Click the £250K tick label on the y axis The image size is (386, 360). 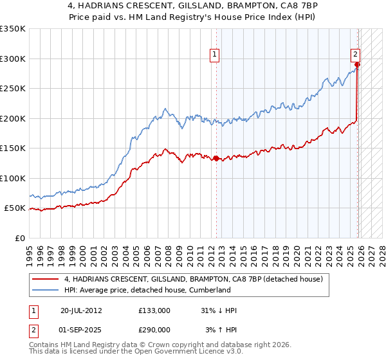pyautogui.click(x=13, y=89)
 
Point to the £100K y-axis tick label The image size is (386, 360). pyautogui.click(x=13, y=178)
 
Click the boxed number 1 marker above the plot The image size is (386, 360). pyautogui.click(x=214, y=55)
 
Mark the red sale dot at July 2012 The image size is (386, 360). pyautogui.click(x=216, y=158)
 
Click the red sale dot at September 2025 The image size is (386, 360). pyautogui.click(x=357, y=65)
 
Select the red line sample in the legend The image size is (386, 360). pyautogui.click(x=45, y=279)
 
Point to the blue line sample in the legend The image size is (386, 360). pyautogui.click(x=45, y=290)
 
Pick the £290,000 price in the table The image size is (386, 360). pyautogui.click(x=154, y=329)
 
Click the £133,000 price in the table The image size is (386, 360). pyautogui.click(x=154, y=310)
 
